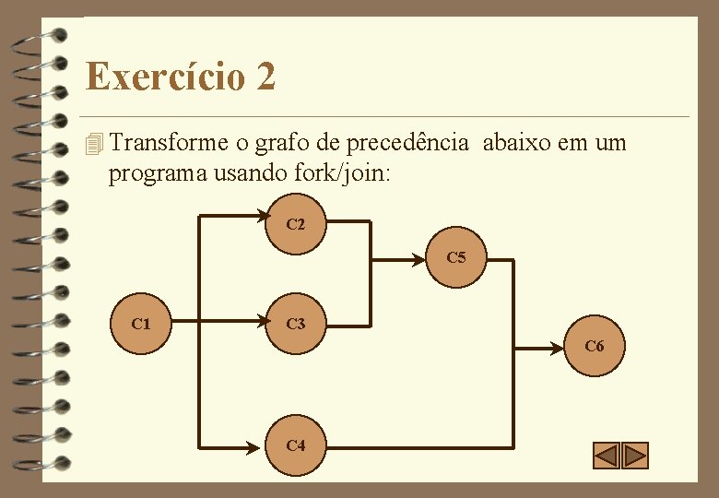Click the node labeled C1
[x=141, y=324]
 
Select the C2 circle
[x=295, y=223]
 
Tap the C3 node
[x=295, y=324]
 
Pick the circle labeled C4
[x=295, y=445]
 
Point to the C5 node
[x=455, y=257]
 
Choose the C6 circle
[x=595, y=347]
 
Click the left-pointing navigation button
[x=606, y=456]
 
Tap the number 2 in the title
[x=265, y=76]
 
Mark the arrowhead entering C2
[x=259, y=218]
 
